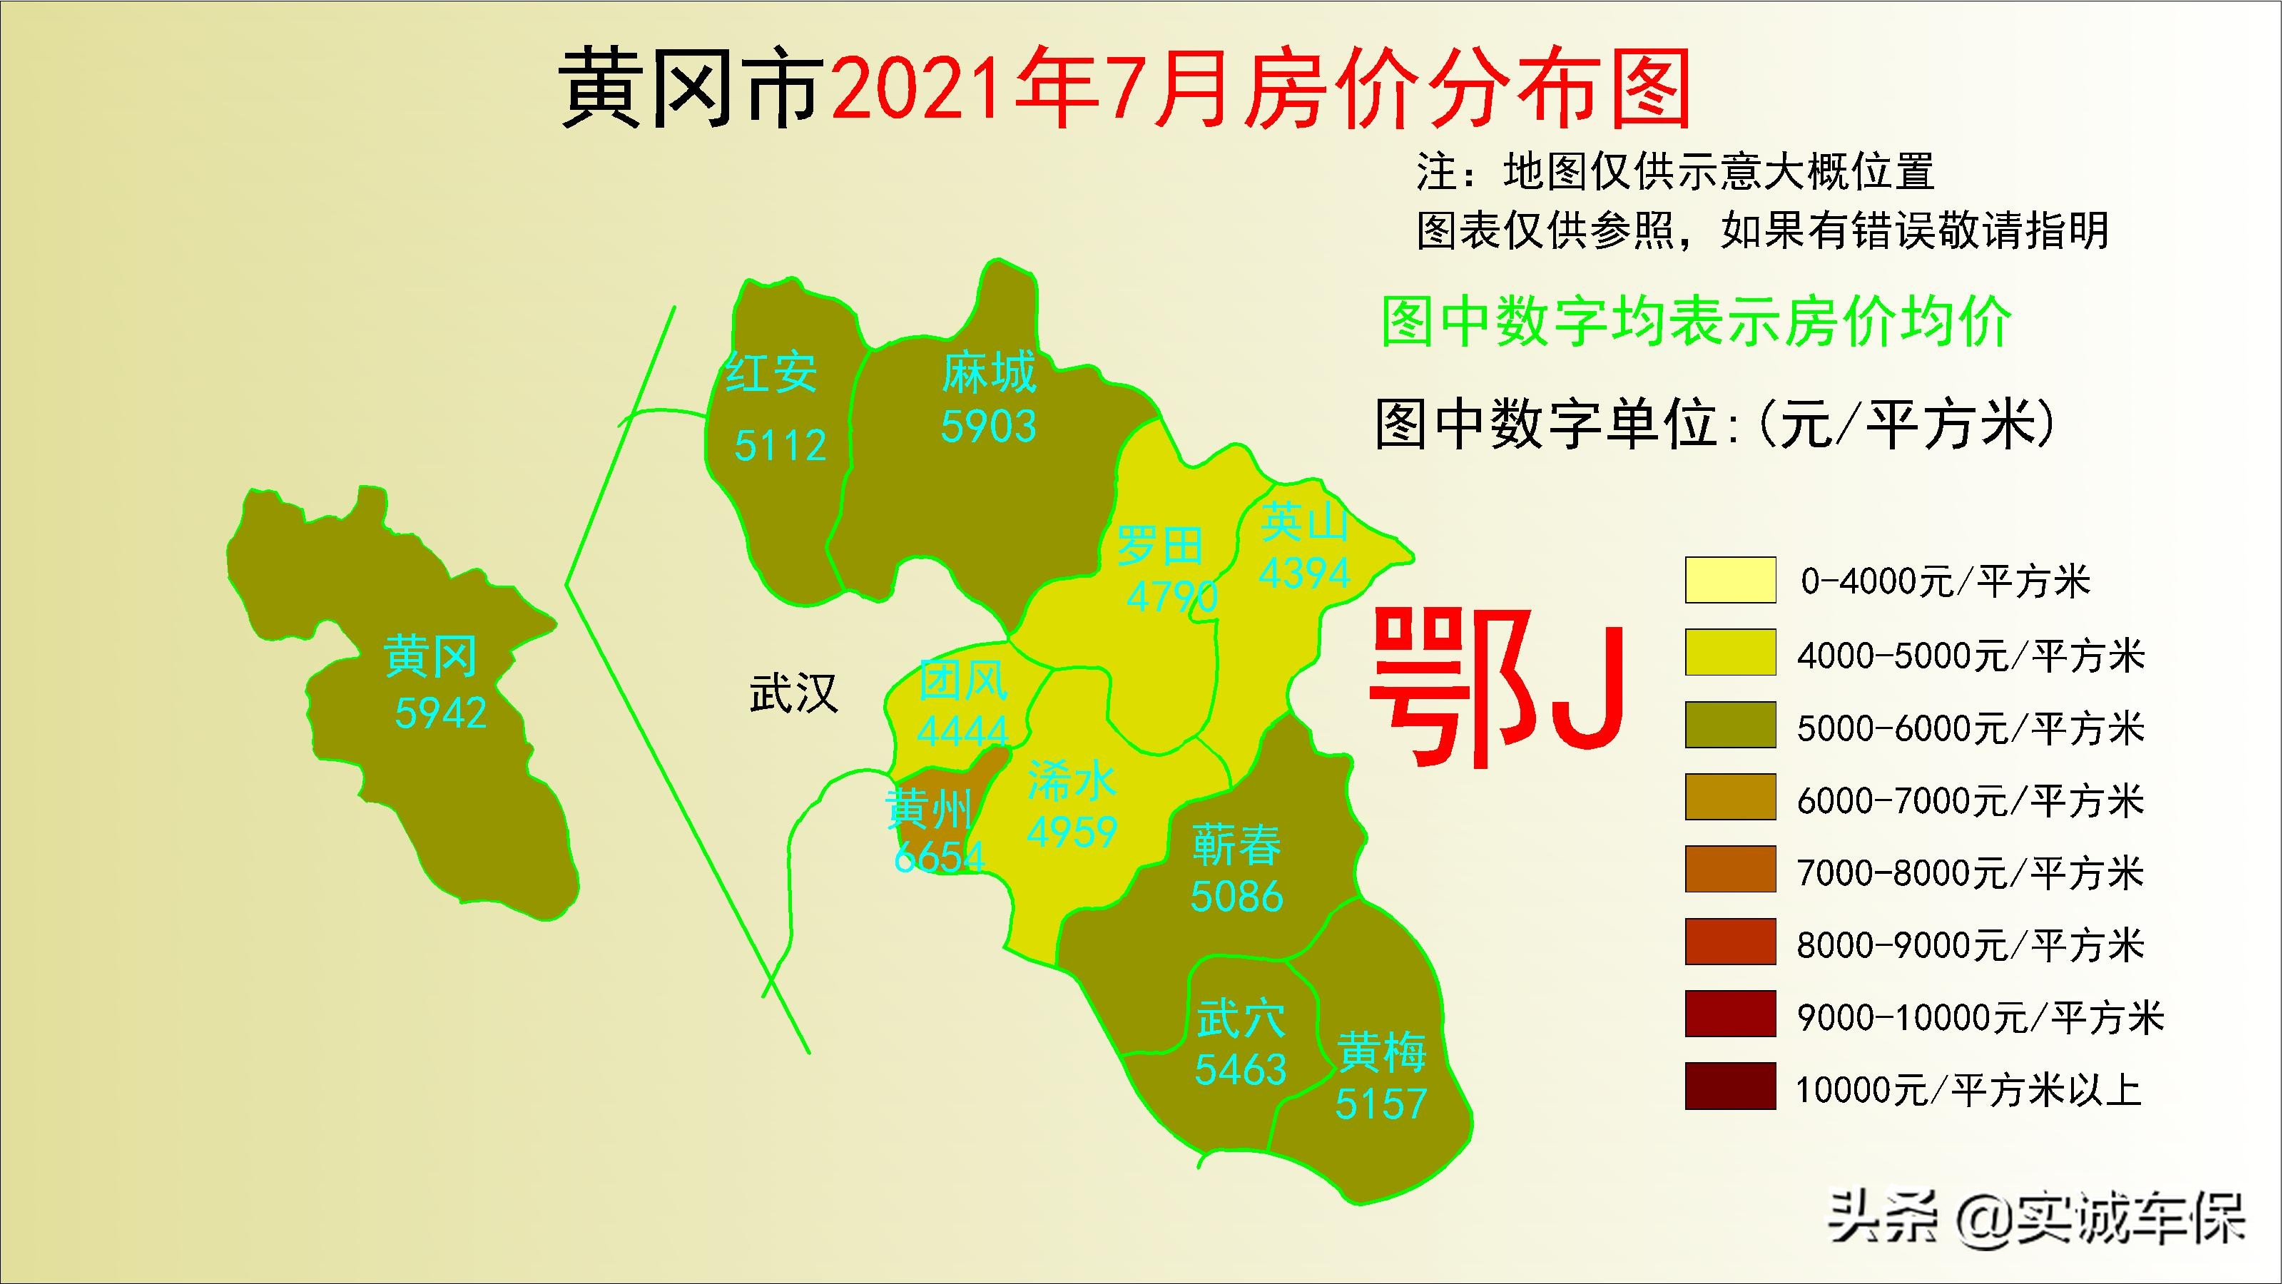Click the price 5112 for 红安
click(x=780, y=445)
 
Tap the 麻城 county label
click(x=988, y=372)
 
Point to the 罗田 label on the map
click(x=1159, y=545)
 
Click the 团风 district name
click(x=962, y=681)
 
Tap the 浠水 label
click(x=1072, y=780)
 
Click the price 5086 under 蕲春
click(x=1236, y=896)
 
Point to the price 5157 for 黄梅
click(x=1381, y=1104)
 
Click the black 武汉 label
click(x=793, y=693)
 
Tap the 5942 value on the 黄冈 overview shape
click(x=440, y=713)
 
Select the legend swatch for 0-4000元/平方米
click(x=1730, y=581)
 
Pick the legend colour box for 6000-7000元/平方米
click(x=1730, y=798)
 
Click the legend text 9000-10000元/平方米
click(x=1980, y=1017)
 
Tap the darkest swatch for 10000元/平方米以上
click(x=1730, y=1086)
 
